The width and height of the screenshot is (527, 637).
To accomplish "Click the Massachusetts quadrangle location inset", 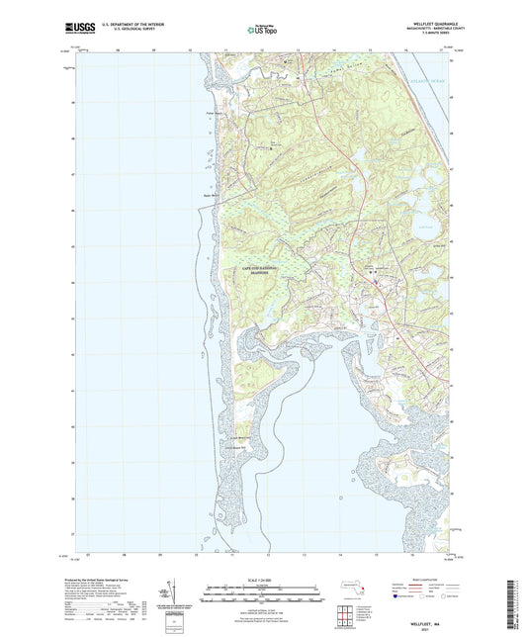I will coord(348,588).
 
